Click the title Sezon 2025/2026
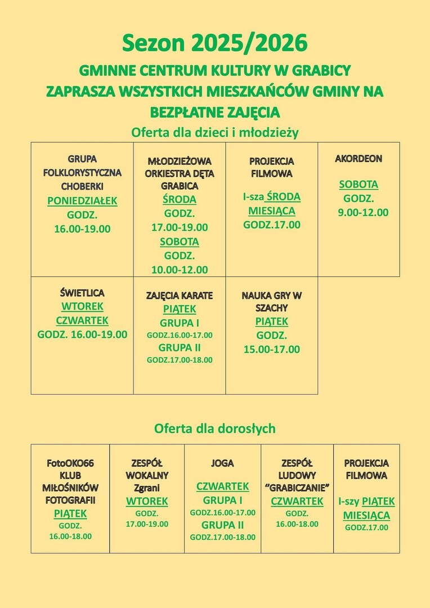[x=215, y=43]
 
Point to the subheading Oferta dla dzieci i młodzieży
[x=214, y=133]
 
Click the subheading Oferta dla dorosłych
[x=214, y=429]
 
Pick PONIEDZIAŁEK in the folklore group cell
[x=82, y=201]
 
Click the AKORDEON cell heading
[x=359, y=159]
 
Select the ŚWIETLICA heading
[x=82, y=293]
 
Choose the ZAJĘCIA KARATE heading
[x=180, y=296]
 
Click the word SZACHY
[x=271, y=309]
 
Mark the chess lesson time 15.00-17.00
[x=271, y=350]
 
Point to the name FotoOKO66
[x=70, y=463]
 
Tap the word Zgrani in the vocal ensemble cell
[x=147, y=488]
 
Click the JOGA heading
[x=222, y=464]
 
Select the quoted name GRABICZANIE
[x=297, y=488]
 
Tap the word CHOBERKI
[x=82, y=186]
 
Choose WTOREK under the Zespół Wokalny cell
[x=147, y=502]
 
